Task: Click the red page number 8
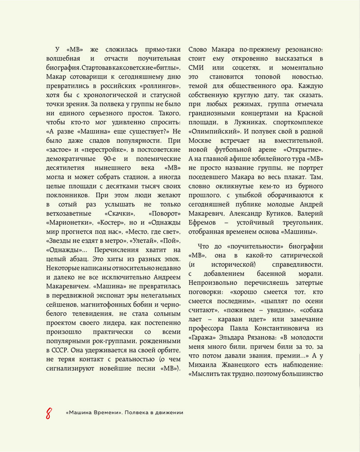pyautogui.click(x=48, y=413)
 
